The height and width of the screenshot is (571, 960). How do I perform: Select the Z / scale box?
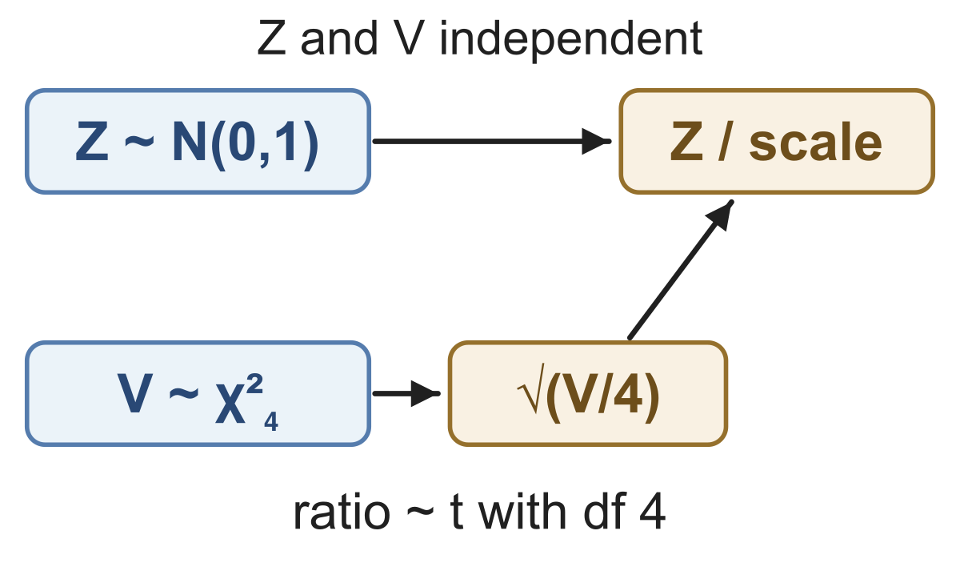[x=777, y=141]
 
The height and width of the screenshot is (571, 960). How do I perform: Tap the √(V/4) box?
[x=587, y=393]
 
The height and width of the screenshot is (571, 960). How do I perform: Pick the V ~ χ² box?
[x=198, y=393]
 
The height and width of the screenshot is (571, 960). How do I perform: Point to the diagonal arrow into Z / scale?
[x=681, y=269]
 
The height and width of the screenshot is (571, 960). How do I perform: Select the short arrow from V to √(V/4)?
[x=406, y=393]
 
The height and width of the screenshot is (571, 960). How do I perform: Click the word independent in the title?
[x=571, y=39]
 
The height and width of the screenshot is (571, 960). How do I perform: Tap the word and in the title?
[x=339, y=38]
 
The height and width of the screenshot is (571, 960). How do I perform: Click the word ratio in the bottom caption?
[x=342, y=513]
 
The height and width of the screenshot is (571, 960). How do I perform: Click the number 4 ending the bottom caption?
[x=652, y=513]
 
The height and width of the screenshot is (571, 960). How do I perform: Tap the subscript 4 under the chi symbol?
[x=271, y=421]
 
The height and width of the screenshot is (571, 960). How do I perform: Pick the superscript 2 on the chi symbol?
[x=254, y=384]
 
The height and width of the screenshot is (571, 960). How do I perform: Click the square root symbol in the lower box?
[x=530, y=388]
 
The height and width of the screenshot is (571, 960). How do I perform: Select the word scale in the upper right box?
[x=815, y=142]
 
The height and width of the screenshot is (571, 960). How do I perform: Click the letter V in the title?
[x=409, y=38]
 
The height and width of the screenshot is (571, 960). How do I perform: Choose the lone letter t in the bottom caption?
[x=457, y=513]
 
